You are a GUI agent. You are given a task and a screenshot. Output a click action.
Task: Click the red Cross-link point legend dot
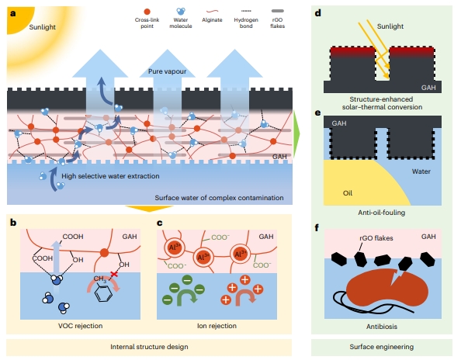[x=147, y=12]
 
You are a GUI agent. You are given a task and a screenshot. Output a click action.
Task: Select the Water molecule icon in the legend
[x=181, y=12]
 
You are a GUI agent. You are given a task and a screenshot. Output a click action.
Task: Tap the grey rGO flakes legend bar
[x=277, y=11]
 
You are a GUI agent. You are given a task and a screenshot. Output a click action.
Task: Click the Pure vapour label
[x=167, y=71]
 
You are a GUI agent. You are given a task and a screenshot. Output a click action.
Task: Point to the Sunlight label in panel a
[x=43, y=27]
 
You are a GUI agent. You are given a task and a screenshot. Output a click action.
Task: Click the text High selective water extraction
[x=110, y=176]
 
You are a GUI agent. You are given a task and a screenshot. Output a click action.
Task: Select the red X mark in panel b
[x=114, y=274]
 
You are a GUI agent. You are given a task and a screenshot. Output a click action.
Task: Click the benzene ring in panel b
[x=104, y=293]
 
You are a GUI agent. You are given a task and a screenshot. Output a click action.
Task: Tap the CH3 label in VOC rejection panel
[x=100, y=279]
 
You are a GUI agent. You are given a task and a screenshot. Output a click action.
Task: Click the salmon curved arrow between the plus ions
[x=245, y=297]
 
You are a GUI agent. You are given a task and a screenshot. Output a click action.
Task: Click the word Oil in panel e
[x=347, y=193]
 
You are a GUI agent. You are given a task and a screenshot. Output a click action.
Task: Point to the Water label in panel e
[x=421, y=171]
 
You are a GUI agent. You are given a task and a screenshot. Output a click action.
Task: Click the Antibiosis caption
[x=382, y=327]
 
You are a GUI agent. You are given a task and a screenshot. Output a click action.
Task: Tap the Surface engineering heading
[x=382, y=347]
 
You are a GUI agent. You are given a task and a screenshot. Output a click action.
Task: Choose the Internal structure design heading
[x=149, y=347]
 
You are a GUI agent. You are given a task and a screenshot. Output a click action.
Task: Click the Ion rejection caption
[x=217, y=326]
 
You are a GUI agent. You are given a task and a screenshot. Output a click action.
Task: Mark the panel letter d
[x=318, y=13]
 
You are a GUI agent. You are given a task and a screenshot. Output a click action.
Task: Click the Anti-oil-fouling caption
[x=382, y=213]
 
